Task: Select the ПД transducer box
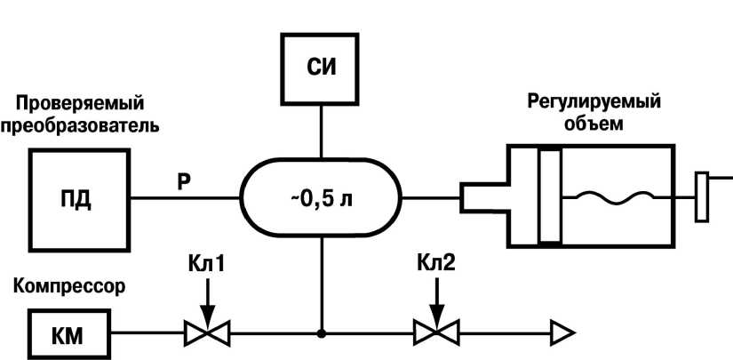(79, 198)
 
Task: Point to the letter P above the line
(184, 182)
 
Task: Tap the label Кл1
(205, 264)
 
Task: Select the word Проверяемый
(80, 104)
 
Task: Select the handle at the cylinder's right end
(702, 197)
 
